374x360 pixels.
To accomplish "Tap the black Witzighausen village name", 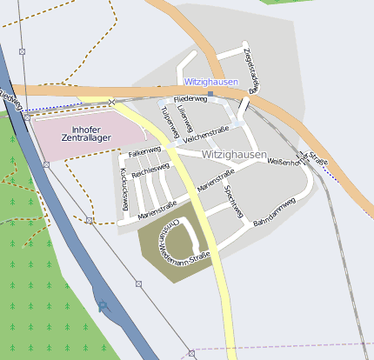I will [x=234, y=155].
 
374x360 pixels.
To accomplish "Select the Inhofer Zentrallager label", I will [x=84, y=134].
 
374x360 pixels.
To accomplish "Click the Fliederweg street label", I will [x=190, y=100].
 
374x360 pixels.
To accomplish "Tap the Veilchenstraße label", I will [x=206, y=132].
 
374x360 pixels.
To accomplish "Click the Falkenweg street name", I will [x=144, y=152].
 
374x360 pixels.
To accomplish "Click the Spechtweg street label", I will [x=231, y=201].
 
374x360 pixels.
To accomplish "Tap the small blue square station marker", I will [x=210, y=93].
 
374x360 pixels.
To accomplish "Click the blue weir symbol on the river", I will [x=104, y=306].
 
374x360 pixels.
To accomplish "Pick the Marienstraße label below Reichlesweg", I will [x=157, y=205].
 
